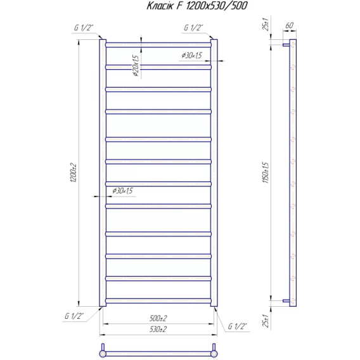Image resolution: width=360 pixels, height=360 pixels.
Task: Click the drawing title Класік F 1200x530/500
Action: tap(197, 6)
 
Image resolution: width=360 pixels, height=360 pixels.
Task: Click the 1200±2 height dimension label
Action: tap(74, 173)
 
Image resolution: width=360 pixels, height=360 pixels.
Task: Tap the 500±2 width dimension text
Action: tap(158, 318)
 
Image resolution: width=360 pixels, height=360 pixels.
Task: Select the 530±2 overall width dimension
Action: tap(158, 330)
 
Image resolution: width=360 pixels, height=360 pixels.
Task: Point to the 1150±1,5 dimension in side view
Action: tap(266, 172)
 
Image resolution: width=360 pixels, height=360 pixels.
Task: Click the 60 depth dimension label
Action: tap(289, 25)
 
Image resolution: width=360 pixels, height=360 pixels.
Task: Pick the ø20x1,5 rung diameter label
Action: tap(136, 65)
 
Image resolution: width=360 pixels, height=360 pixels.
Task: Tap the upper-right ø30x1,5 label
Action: tap(191, 55)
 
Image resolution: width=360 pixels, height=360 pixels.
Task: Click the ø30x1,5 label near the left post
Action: tap(122, 191)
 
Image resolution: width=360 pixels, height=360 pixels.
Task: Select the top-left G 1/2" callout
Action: tap(84, 28)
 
